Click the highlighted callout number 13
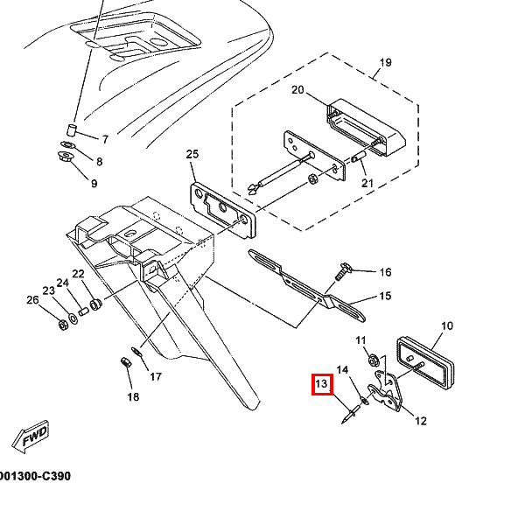coord(322,384)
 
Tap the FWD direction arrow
coord(31,437)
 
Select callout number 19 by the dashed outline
coord(386,62)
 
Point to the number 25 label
coord(192,154)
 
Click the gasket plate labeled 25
coord(222,210)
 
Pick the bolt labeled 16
coord(342,271)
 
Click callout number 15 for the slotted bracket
coord(385,296)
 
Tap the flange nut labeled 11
coord(374,360)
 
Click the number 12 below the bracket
coord(421,421)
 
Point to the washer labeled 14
coord(365,400)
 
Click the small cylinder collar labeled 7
coord(71,129)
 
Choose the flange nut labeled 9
coord(64,157)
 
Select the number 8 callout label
coord(100,162)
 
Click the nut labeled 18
coord(125,362)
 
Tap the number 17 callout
coord(156,377)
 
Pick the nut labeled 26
coord(63,325)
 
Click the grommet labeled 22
coord(96,304)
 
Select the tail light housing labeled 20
coord(367,128)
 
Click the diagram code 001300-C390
coord(35,476)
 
